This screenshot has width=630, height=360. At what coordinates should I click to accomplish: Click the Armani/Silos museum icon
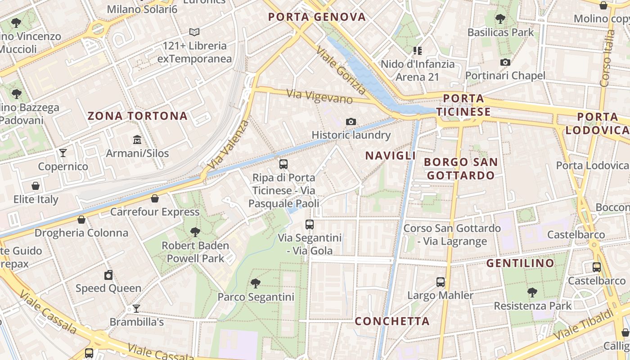click(137, 140)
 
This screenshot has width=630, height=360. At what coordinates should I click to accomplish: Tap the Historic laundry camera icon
click(351, 121)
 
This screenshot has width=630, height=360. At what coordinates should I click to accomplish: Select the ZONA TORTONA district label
click(137, 116)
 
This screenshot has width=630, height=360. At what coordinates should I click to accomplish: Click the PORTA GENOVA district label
click(317, 17)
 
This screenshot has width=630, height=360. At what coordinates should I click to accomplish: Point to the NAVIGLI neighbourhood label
click(391, 156)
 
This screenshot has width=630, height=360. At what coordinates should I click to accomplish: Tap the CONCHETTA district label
click(392, 321)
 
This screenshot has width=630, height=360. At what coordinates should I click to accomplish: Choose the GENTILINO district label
click(520, 263)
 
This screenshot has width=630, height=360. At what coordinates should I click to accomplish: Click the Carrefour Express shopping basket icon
click(155, 198)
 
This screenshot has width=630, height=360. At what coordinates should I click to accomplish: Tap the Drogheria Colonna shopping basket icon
click(81, 220)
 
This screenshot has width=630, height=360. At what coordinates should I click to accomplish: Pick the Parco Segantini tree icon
click(256, 283)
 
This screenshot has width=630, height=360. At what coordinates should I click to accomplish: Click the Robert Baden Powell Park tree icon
click(195, 232)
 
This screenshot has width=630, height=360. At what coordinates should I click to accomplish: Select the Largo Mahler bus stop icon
click(441, 282)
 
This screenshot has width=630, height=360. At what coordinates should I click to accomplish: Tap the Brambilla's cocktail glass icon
click(136, 309)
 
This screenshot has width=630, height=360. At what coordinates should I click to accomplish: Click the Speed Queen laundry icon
click(108, 275)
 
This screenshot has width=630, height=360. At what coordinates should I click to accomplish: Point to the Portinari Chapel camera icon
click(505, 62)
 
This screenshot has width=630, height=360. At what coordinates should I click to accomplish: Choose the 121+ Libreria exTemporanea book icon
click(194, 32)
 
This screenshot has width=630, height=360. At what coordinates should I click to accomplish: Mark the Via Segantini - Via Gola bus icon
click(310, 224)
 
